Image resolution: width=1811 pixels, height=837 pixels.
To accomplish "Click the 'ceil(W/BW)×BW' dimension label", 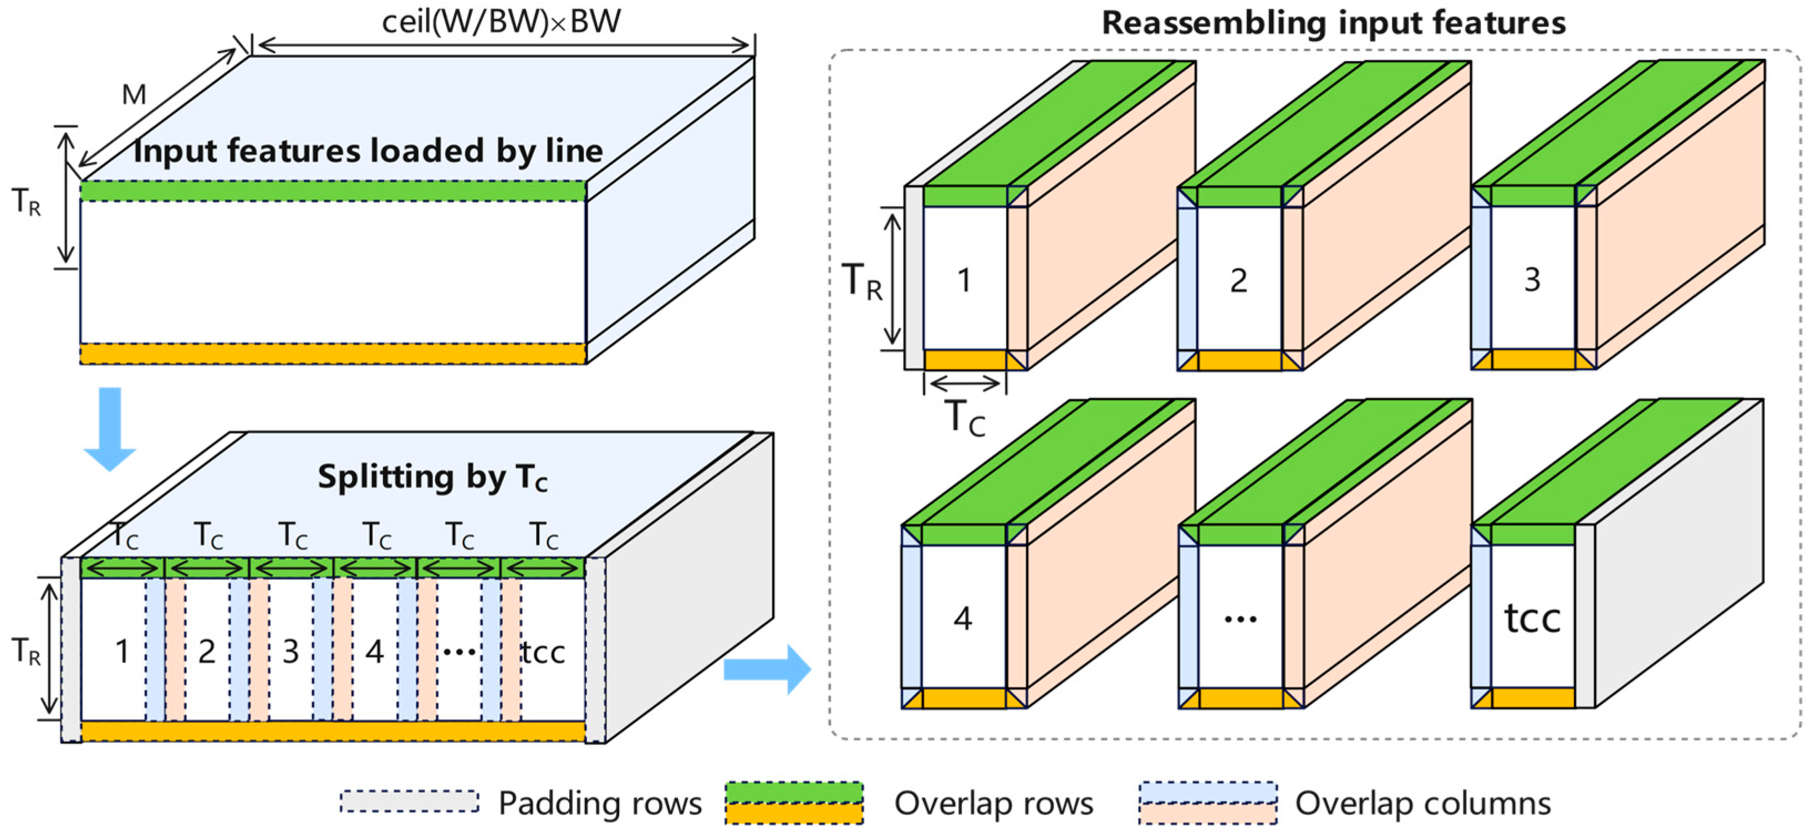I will tap(501, 21).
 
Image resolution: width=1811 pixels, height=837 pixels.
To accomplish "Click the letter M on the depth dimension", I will tap(134, 94).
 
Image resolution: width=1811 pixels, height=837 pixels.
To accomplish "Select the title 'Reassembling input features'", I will tap(1334, 23).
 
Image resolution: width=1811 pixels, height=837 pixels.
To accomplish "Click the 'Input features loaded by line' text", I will tap(368, 151).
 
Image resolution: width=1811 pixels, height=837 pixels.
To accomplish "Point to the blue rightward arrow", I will tap(768, 669).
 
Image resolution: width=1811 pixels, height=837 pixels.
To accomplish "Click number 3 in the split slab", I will tap(290, 652).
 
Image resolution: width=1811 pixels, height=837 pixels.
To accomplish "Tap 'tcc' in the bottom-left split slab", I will tap(543, 652).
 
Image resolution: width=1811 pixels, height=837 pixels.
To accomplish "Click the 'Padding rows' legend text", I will tap(600, 803).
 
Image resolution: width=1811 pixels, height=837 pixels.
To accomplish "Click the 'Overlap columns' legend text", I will tap(1422, 803).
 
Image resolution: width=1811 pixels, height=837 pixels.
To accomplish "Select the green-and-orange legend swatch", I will tap(794, 803).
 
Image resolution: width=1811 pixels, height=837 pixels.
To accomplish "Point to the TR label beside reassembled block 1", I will tap(862, 281).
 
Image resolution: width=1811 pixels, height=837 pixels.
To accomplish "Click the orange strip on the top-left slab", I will tap(333, 353).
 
